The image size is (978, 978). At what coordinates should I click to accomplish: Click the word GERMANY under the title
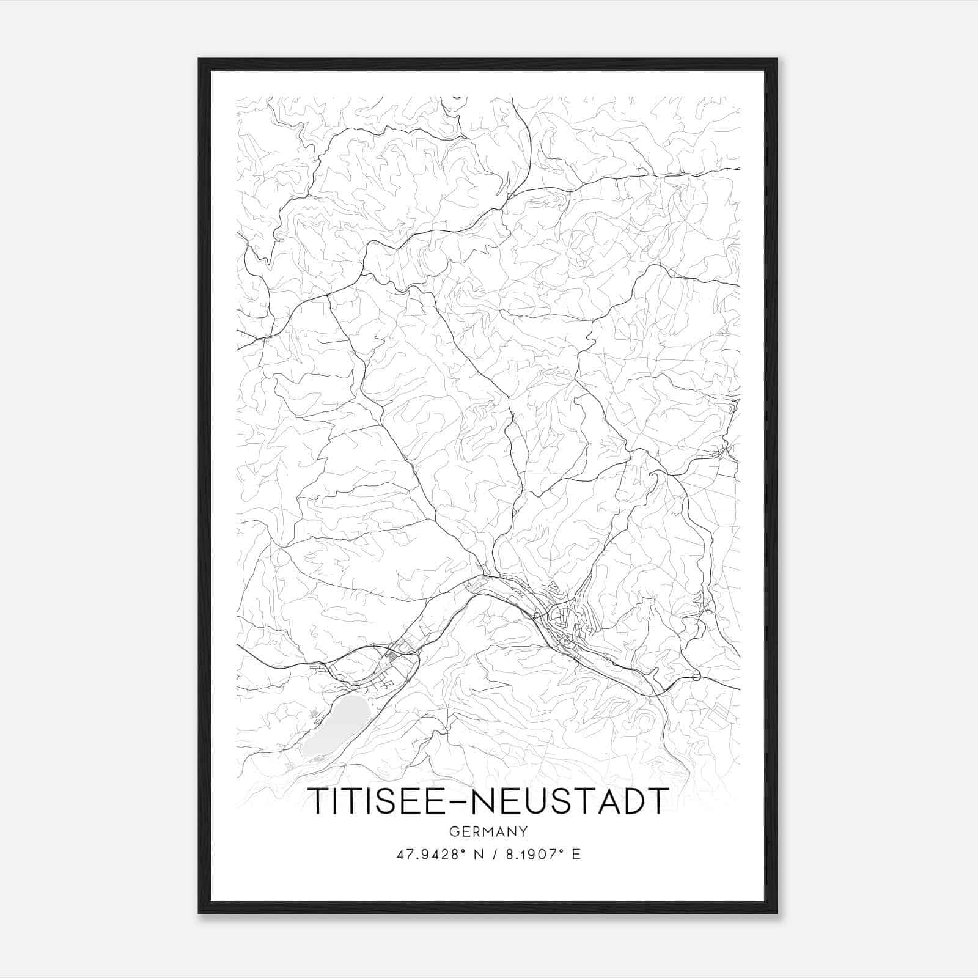[x=488, y=831]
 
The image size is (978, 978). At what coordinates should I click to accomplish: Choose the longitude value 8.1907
[x=531, y=855]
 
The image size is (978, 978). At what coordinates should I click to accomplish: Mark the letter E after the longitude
[x=576, y=855]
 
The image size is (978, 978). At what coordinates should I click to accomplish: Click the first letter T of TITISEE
[x=318, y=801]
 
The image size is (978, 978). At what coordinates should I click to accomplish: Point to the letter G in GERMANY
[x=453, y=831]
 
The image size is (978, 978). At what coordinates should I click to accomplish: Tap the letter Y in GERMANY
[x=524, y=831]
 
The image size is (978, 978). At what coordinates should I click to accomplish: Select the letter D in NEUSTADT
[x=630, y=801]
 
